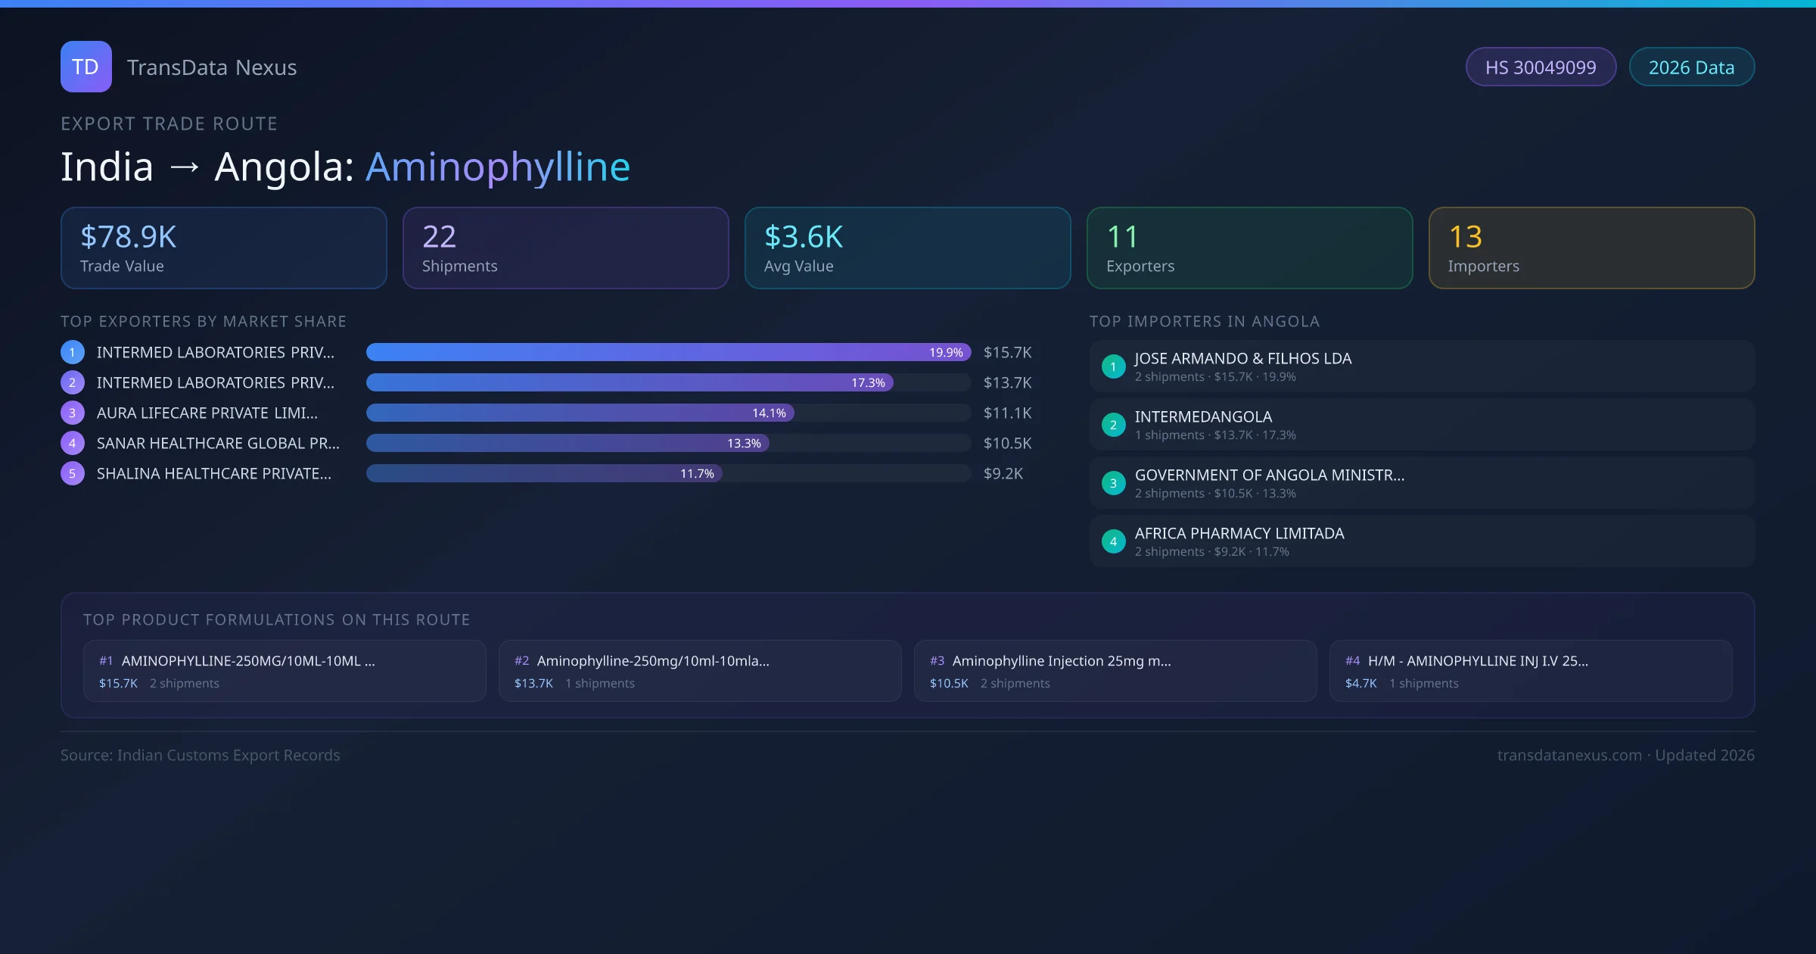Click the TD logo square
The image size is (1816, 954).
86,67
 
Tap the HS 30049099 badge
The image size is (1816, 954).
1540,67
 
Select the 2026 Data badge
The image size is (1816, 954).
1691,67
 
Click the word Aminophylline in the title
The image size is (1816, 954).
497,167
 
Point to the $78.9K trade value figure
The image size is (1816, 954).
128,237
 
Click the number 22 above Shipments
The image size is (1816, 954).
439,237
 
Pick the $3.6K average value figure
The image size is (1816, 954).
803,237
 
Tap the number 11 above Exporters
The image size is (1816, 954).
1121,237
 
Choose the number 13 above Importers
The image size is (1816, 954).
1465,237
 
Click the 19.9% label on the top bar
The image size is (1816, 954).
946,353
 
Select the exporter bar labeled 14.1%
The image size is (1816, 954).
580,413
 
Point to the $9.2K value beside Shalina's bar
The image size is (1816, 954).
1003,474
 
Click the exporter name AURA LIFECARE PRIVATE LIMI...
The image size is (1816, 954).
207,413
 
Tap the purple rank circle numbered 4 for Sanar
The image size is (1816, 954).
73,444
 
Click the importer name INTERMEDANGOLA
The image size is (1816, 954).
1203,417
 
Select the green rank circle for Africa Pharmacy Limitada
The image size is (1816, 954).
1113,541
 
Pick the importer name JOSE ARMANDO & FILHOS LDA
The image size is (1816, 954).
1242,359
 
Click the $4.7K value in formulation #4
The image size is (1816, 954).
1360,684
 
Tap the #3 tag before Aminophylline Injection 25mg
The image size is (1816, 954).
937,661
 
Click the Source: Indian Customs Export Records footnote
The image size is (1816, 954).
201,756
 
